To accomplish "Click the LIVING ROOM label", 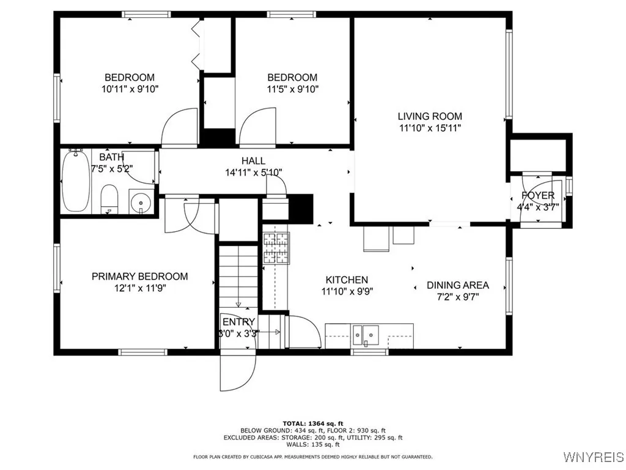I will click(430, 116).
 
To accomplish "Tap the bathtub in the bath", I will click(75, 182).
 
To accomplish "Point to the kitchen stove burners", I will click(276, 248).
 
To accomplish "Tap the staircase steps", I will click(238, 275).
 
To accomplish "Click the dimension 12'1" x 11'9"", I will click(140, 288).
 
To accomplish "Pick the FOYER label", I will click(538, 196).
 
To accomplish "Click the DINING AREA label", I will click(457, 285).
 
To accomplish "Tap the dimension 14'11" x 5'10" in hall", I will click(253, 173).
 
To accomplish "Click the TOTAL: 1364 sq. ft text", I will click(312, 423).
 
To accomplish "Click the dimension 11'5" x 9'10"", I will click(292, 89).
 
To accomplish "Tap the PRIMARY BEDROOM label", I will click(140, 277).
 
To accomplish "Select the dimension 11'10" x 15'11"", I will click(430, 128).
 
